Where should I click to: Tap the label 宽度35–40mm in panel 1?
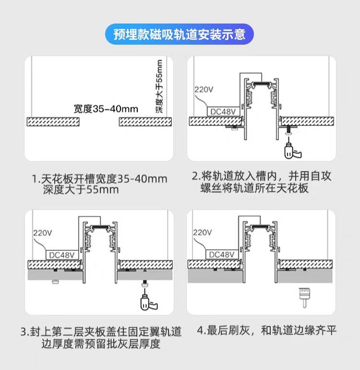(x=106, y=109)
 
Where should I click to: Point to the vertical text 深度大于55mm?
(x=160, y=87)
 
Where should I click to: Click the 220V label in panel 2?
(x=203, y=90)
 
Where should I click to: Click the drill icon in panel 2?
(x=289, y=149)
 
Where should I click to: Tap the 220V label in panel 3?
(x=42, y=233)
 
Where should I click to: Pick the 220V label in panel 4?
(x=203, y=233)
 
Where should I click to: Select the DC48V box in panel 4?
(x=222, y=254)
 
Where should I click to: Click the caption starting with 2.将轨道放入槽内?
(x=262, y=182)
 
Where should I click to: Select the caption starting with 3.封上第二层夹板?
(x=101, y=338)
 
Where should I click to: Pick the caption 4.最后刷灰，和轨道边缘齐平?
(x=267, y=331)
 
